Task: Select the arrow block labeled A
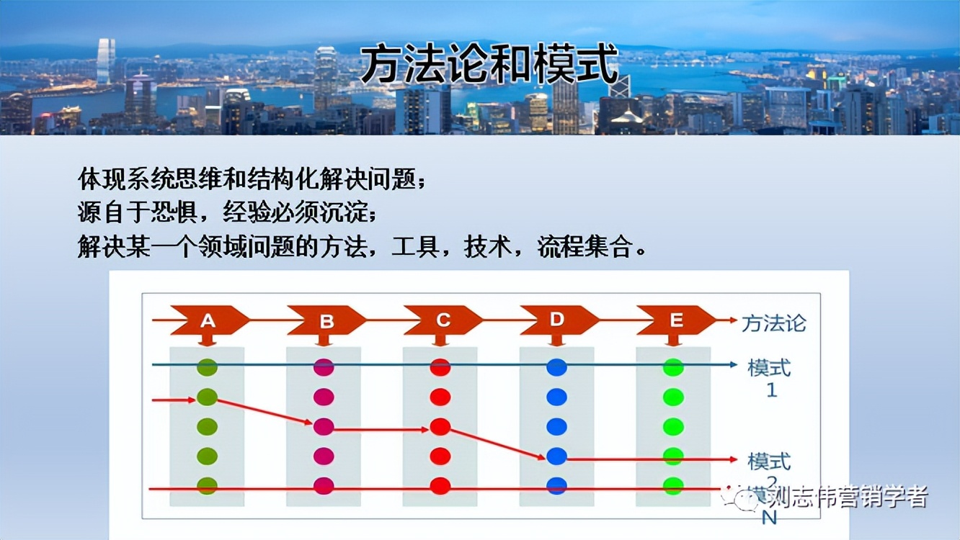pos(208,320)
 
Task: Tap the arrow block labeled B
pos(326,320)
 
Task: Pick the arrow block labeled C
pos(443,320)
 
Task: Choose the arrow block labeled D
pos(558,320)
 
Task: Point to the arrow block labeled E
pos(675,320)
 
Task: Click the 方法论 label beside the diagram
pos(773,323)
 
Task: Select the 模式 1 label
pos(770,378)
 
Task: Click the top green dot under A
pos(207,367)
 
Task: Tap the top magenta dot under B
pos(324,367)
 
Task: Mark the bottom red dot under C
pos(440,485)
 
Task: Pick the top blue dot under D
pos(556,367)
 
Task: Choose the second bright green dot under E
pos(673,397)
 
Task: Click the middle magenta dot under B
pos(324,426)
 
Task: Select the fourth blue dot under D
pos(556,456)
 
